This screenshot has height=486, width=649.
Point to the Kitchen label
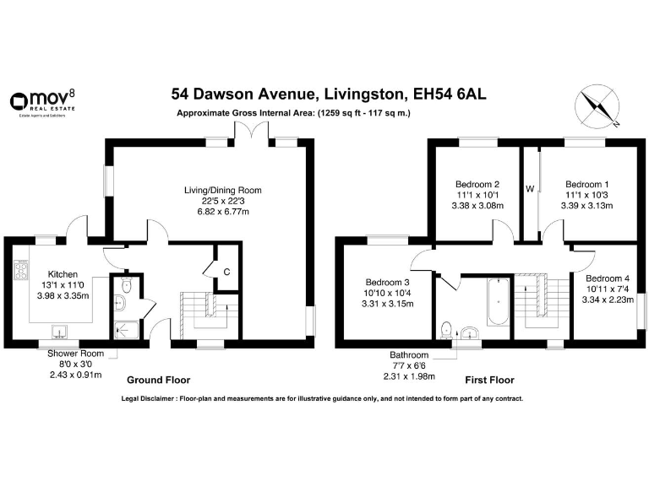point(63,274)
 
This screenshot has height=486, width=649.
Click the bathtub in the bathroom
point(497,303)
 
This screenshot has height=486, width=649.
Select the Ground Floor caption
point(158,381)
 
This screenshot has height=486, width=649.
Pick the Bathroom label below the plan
point(409,355)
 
